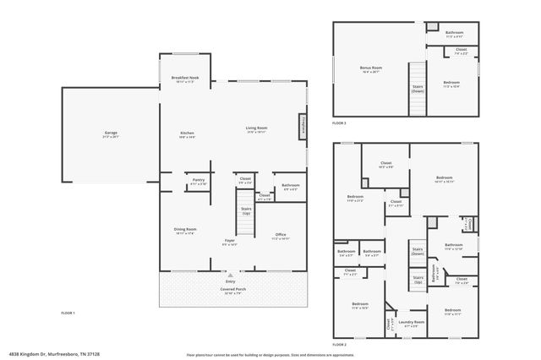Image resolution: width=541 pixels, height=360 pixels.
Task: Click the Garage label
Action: pyautogui.click(x=111, y=134)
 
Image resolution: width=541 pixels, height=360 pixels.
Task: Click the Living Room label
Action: pyautogui.click(x=256, y=128)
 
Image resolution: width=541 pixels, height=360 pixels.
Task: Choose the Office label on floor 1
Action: pyautogui.click(x=281, y=236)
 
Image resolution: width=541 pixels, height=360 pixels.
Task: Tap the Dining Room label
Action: pyautogui.click(x=186, y=230)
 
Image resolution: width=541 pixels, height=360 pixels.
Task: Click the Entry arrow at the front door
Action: pyautogui.click(x=228, y=275)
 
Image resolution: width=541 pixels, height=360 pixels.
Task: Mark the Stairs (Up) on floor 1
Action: pyautogui.click(x=246, y=211)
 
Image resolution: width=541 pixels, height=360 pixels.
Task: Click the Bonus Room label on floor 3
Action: pyautogui.click(x=371, y=68)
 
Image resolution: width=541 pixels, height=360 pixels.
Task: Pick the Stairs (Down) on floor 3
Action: pyautogui.click(x=418, y=87)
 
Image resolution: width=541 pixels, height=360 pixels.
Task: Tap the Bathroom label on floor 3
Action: pyautogui.click(x=455, y=32)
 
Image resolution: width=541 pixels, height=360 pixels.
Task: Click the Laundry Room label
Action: pyautogui.click(x=413, y=324)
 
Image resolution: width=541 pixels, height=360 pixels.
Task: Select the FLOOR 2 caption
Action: pyautogui.click(x=339, y=345)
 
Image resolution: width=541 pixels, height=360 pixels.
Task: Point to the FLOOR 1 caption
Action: pyautogui.click(x=68, y=314)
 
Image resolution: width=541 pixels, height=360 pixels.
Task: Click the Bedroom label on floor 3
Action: pyautogui.click(x=451, y=84)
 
